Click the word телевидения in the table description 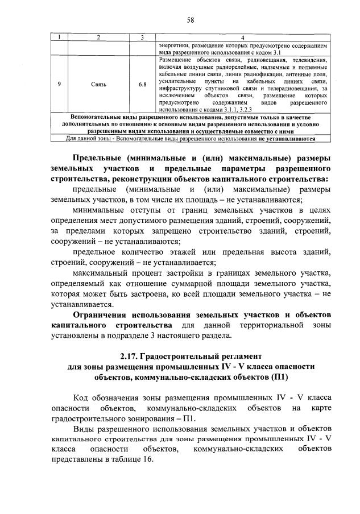pyautogui.click(x=308, y=59)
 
